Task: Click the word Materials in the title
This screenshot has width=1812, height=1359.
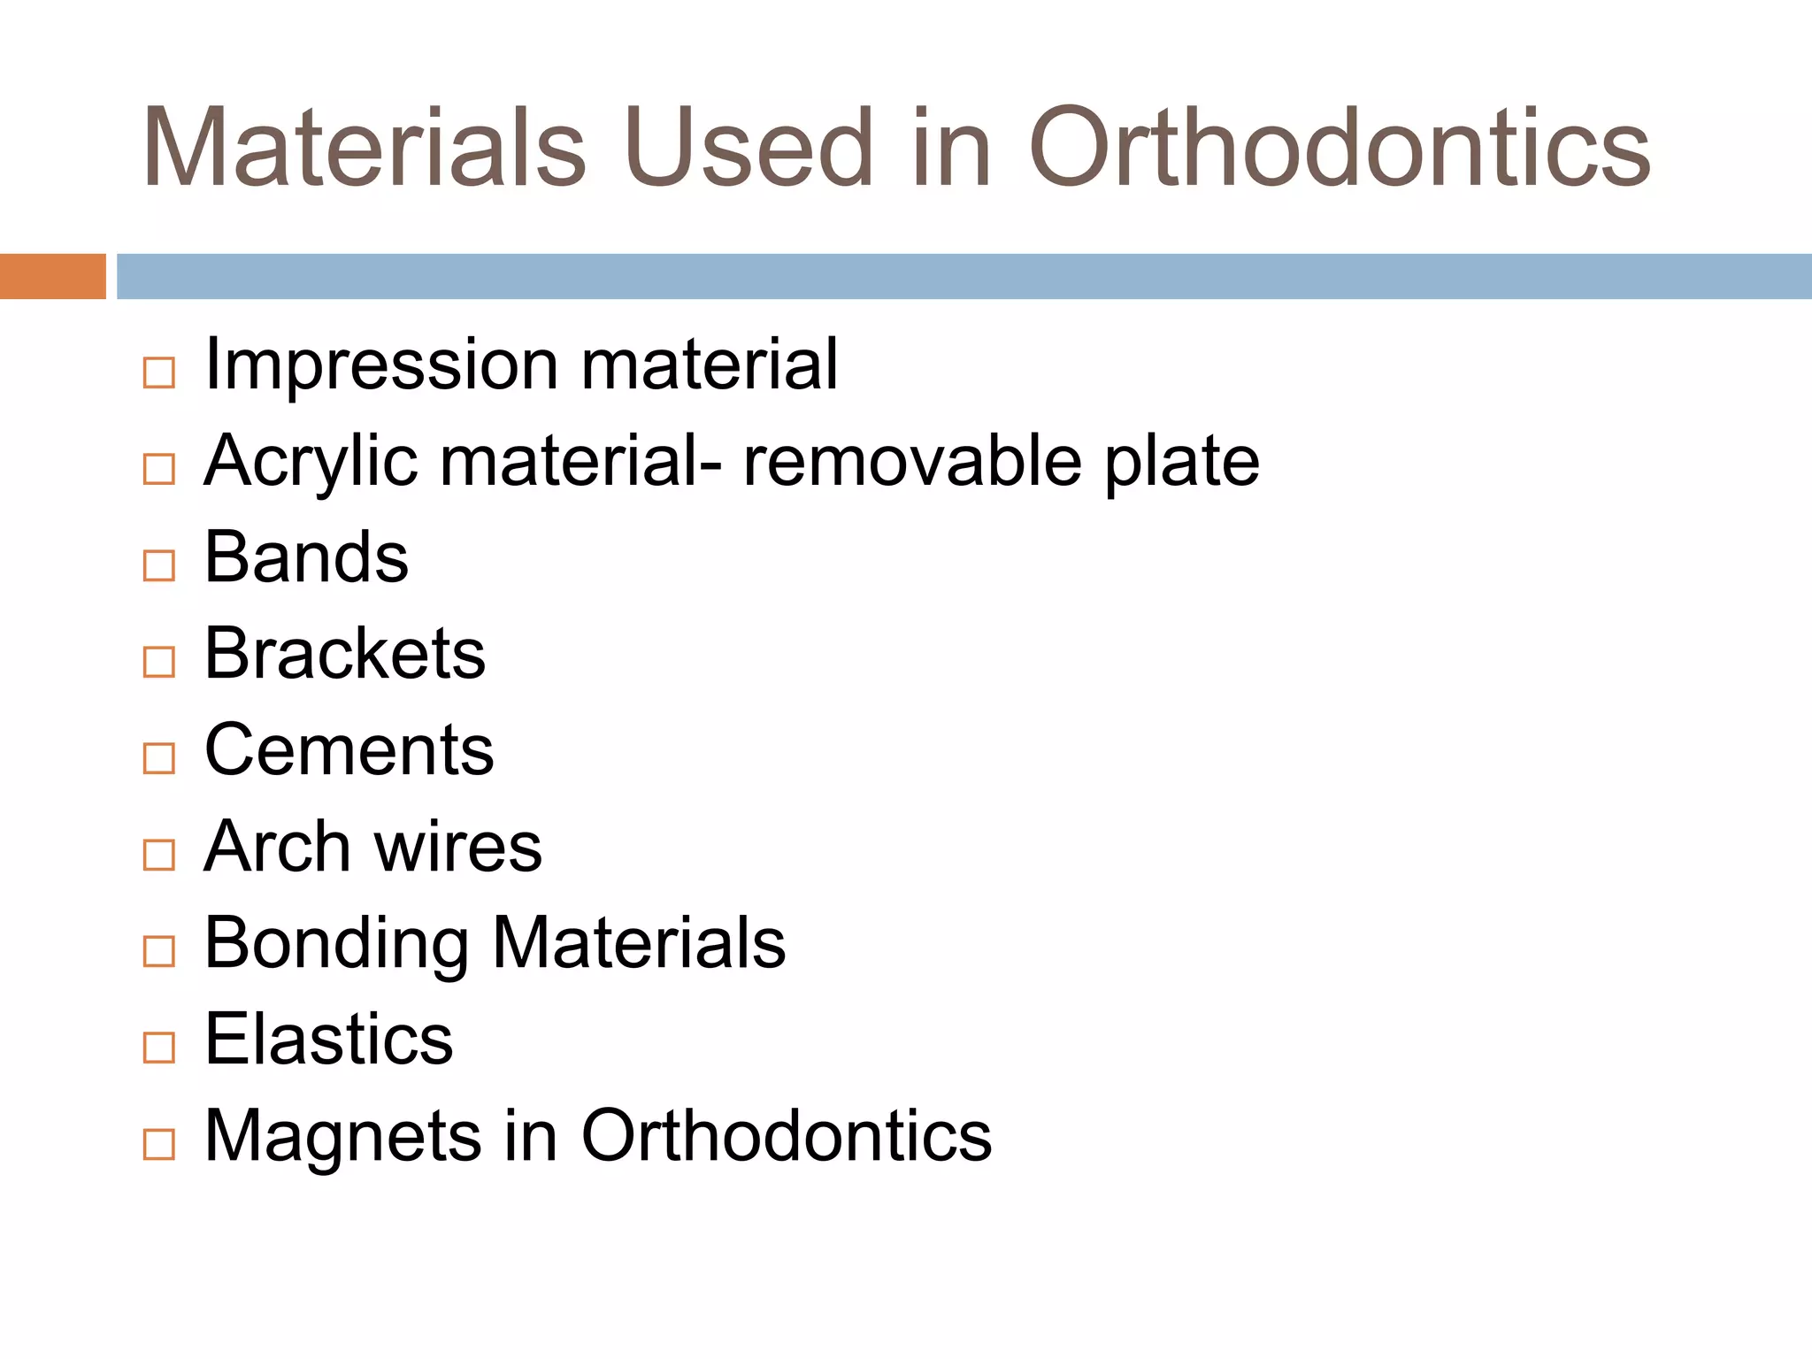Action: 364,147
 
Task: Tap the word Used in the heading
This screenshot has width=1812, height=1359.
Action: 749,147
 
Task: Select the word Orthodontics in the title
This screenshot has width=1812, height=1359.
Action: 1339,147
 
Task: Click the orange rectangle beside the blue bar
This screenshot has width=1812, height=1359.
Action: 52,276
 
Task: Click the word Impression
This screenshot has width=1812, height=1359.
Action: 380,365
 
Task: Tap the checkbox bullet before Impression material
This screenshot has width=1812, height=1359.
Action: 159,372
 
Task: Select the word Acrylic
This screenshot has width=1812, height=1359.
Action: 311,462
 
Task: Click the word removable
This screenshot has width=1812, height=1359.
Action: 911,460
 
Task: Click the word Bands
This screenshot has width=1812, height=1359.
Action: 306,557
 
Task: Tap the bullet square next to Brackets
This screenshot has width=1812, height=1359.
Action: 159,662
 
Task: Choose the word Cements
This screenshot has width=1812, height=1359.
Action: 349,750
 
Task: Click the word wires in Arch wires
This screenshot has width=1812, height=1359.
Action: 457,847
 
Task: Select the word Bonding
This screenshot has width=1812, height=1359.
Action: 336,944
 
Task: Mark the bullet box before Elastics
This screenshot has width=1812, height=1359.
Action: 159,1048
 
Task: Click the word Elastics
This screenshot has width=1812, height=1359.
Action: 328,1040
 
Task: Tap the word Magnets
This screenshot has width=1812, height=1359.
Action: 343,1137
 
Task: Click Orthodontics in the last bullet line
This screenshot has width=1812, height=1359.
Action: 786,1135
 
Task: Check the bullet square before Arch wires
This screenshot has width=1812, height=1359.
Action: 159,855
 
